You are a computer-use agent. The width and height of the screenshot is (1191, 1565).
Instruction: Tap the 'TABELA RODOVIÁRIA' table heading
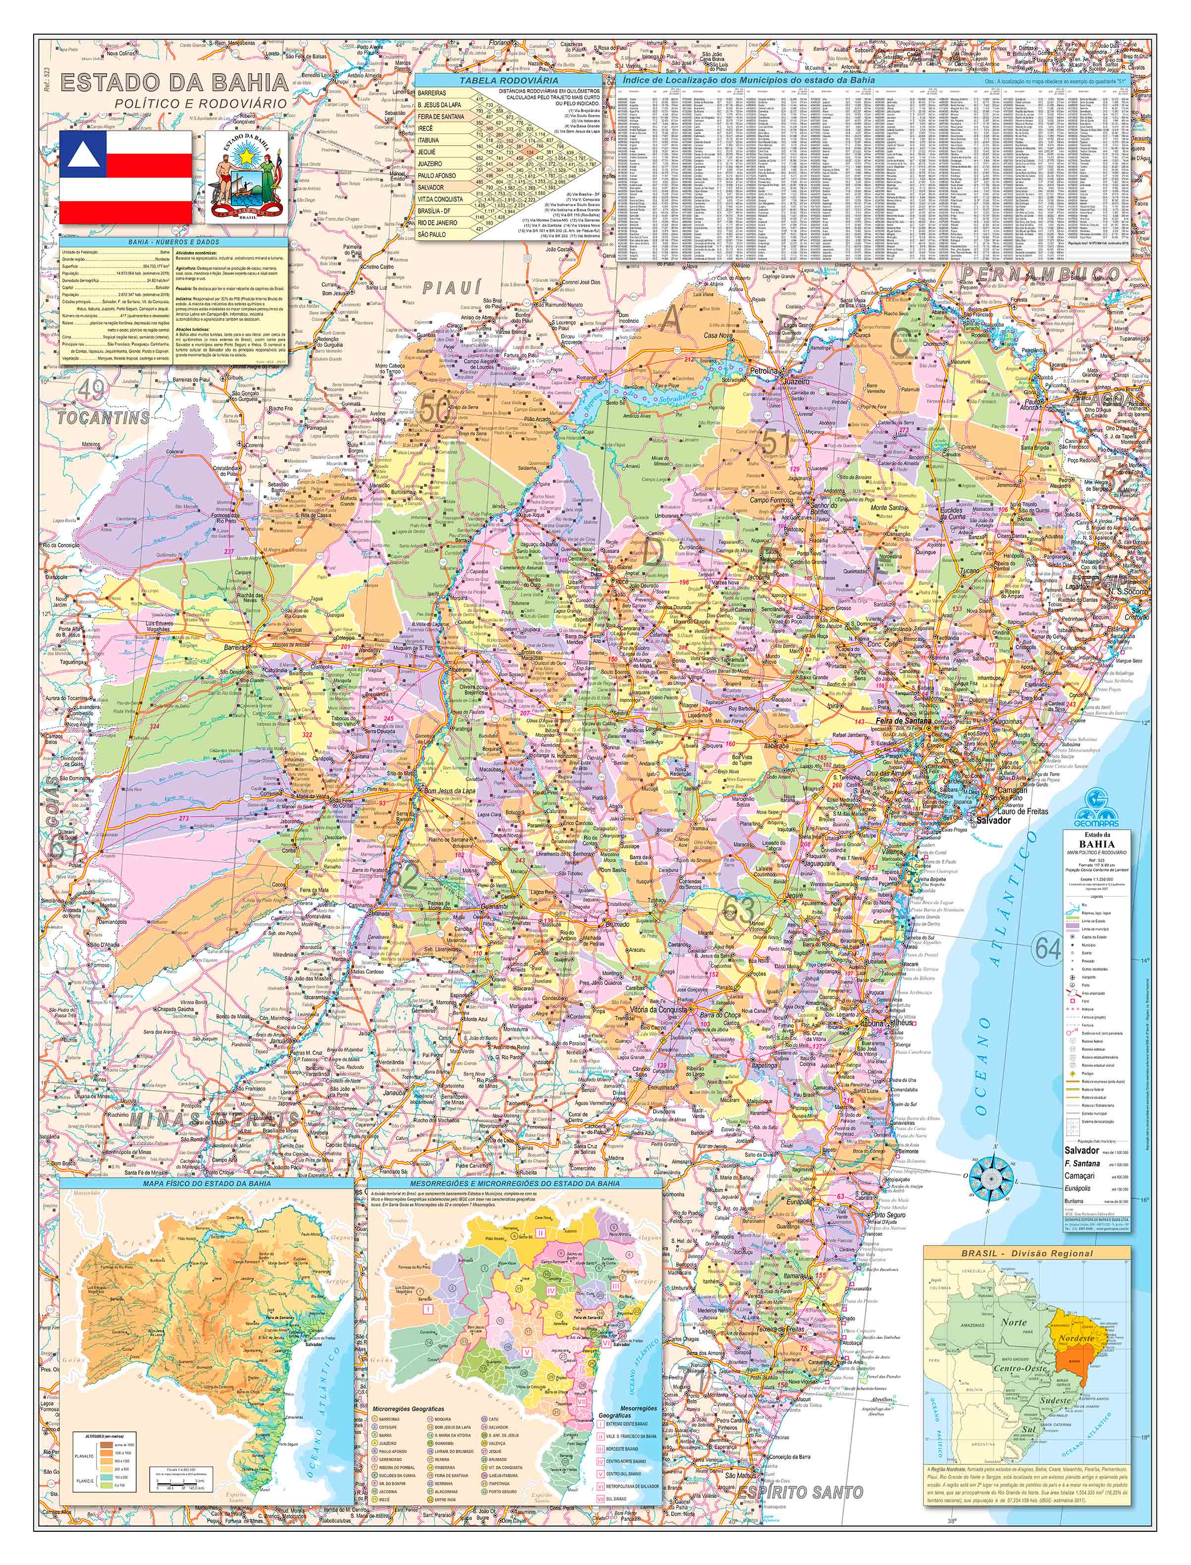[508, 81]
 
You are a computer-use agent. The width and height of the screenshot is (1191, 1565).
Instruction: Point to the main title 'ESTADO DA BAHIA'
[174, 83]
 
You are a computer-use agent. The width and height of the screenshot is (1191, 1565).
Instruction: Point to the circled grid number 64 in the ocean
[1047, 947]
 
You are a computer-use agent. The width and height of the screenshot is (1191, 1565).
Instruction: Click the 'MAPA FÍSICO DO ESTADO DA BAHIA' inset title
[206, 1183]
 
